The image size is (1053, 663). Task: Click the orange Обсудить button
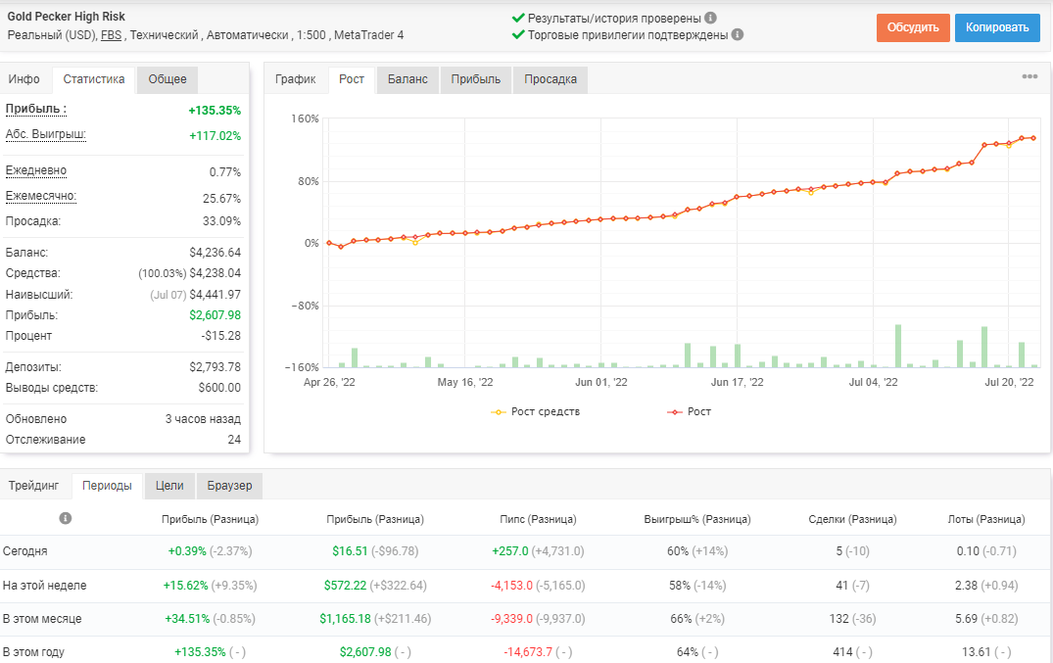tap(913, 27)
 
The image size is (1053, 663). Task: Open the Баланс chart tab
tap(407, 79)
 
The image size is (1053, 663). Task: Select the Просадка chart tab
tap(550, 79)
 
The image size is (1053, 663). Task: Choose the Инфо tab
tap(24, 79)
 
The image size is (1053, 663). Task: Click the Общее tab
tap(168, 79)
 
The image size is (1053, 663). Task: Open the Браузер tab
tap(229, 486)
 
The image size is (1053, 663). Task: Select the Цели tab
tap(169, 486)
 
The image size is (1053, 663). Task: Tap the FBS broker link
tap(112, 35)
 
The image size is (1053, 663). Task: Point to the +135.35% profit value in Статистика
tap(215, 110)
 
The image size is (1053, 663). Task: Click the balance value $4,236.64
tap(215, 253)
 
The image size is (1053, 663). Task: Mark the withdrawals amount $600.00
tap(219, 388)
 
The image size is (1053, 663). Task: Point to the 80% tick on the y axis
tap(309, 181)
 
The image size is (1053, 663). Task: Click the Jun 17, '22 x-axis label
tap(738, 382)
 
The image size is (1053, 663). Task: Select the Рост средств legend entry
tap(536, 411)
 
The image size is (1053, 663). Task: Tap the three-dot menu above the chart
tap(1029, 76)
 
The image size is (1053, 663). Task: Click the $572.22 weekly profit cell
tap(345, 585)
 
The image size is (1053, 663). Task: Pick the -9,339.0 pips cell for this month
tap(511, 619)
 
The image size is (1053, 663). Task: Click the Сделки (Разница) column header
tap(852, 519)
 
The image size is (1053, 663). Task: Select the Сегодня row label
tap(24, 551)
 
